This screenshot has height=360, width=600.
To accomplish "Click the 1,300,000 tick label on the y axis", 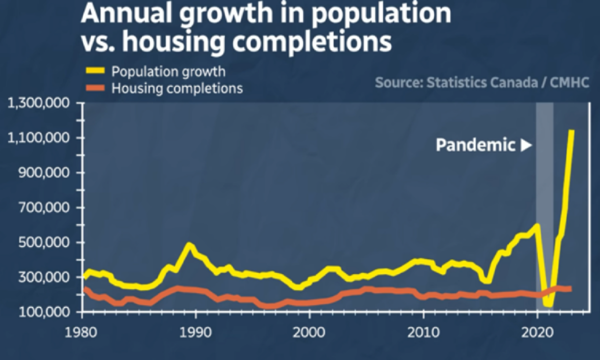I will (x=39, y=104).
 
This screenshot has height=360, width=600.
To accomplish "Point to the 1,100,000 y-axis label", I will (x=39, y=138).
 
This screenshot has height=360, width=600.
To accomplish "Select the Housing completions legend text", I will (x=177, y=89).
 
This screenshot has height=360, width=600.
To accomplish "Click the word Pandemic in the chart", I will (x=475, y=145).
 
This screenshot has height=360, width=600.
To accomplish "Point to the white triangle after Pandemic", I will (x=525, y=145).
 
